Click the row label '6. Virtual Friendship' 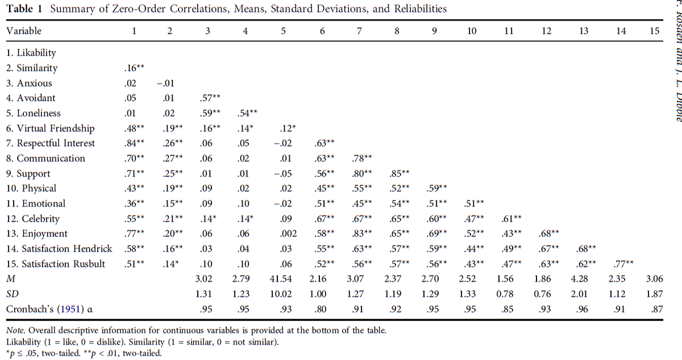pyautogui.click(x=50, y=129)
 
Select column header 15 pyautogui.click(x=655, y=32)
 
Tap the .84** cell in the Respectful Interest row pyautogui.click(x=134, y=143)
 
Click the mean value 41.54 pyautogui.click(x=283, y=279)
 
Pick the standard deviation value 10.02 pyautogui.click(x=283, y=294)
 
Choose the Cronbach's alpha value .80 pyautogui.click(x=322, y=309)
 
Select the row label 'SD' pyautogui.click(x=12, y=294)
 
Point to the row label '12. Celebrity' pyautogui.click(x=32, y=219)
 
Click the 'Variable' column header pyautogui.click(x=24, y=32)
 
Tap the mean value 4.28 pyautogui.click(x=584, y=279)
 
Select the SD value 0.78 pyautogui.click(x=508, y=294)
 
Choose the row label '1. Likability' pyautogui.click(x=31, y=53)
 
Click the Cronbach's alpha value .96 pyautogui.click(x=584, y=309)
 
